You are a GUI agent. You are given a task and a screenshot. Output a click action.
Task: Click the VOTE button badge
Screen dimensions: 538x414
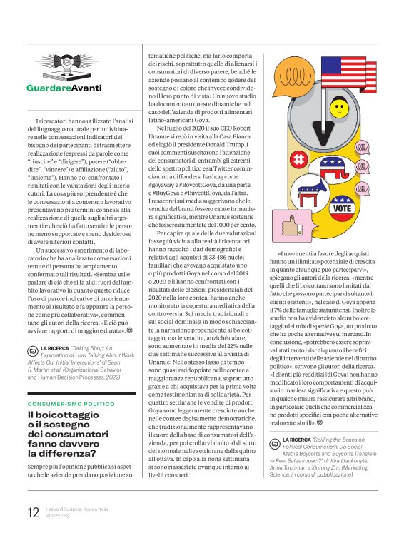tap(342, 209)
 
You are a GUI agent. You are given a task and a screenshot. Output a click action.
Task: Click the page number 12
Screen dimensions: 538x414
tap(33, 512)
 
